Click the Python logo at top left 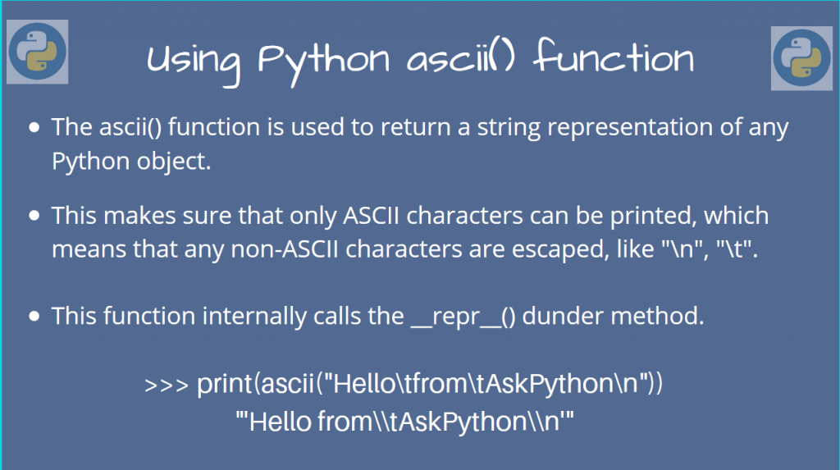(37, 52)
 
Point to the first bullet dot (34, 129)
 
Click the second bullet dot (34, 217)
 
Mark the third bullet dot (34, 317)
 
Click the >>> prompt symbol (167, 386)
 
